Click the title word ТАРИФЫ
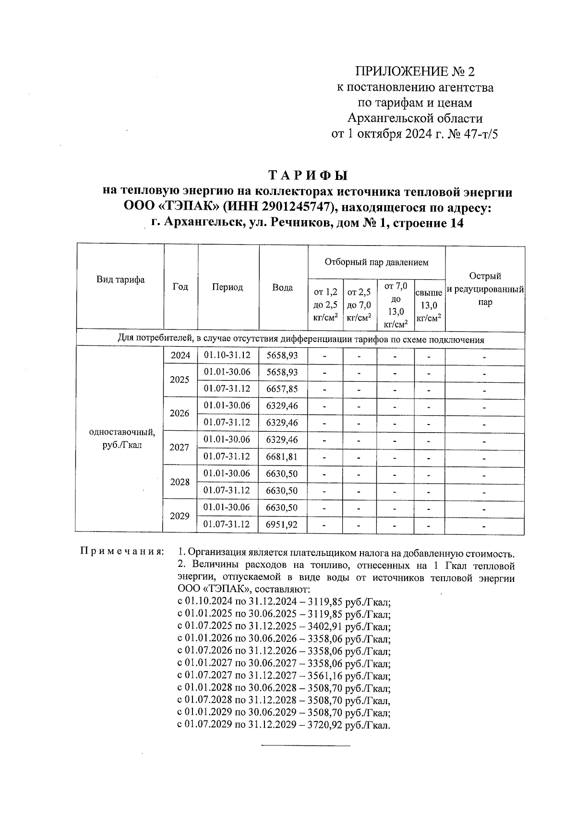click(307, 175)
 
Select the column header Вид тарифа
click(120, 280)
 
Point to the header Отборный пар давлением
click(376, 262)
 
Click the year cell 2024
click(180, 355)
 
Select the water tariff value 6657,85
click(282, 389)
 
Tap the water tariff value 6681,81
click(282, 457)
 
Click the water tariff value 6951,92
click(282, 525)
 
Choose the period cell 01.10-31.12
click(228, 355)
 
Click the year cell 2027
click(180, 448)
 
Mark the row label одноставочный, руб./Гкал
click(122, 438)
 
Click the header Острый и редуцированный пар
click(485, 289)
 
